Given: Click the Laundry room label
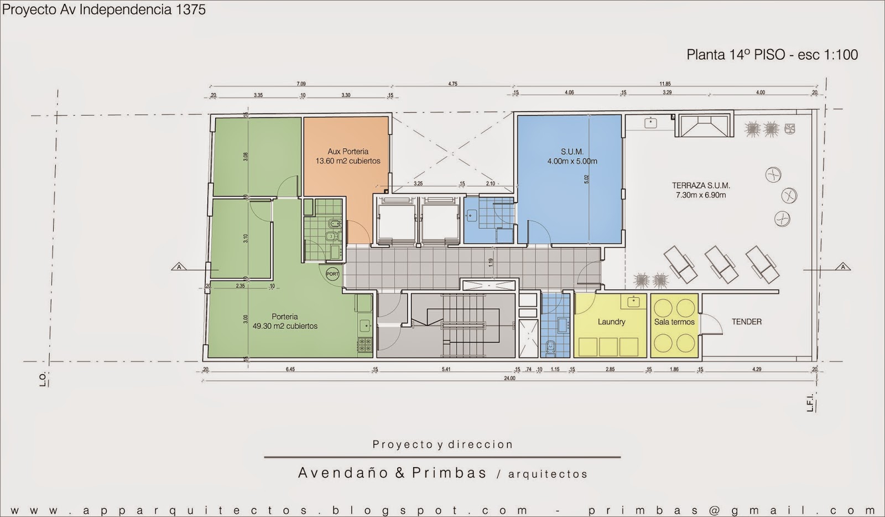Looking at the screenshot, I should coord(611,322).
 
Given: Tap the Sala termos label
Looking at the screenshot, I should coord(674,322).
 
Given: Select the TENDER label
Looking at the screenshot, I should coord(746,322).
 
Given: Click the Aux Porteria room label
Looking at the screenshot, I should coord(348,151).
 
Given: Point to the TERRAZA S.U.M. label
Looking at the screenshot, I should coord(701,186).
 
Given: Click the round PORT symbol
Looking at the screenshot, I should coord(332,274).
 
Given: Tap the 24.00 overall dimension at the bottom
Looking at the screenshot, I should coord(509,379).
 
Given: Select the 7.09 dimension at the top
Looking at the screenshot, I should coord(301,84).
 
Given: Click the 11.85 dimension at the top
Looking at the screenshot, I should coord(665,84).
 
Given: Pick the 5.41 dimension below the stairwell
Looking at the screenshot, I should coord(446,369).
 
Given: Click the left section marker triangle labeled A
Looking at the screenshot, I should coord(179,267).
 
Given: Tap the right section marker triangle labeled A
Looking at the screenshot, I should coord(843,267).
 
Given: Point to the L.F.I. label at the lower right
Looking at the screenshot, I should coord(810,402).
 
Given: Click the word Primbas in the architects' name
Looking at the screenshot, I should coord(449,473).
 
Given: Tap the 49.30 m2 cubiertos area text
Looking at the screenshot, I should coord(285,327).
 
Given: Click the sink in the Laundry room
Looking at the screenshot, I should coord(633,302).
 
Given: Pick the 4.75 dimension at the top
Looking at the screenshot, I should coord(452,84).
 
